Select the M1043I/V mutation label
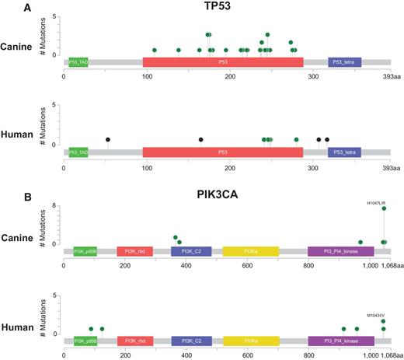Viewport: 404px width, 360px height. coord(377,316)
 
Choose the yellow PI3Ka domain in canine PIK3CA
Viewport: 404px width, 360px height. coord(251,252)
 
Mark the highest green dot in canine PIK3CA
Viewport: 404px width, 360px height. coord(384,208)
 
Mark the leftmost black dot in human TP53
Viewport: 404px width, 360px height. coord(108,139)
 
